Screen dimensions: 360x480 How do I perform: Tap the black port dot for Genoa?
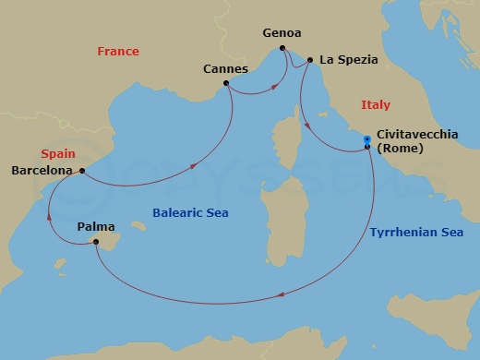pyautogui.click(x=282, y=48)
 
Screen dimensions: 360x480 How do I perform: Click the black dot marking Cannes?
pyautogui.click(x=227, y=84)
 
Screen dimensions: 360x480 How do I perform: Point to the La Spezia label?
pyautogui.click(x=349, y=60)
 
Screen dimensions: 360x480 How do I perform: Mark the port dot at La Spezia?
pyautogui.click(x=310, y=60)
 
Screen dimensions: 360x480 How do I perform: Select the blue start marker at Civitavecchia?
pyautogui.click(x=367, y=139)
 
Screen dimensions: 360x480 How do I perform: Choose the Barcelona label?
pyautogui.click(x=42, y=171)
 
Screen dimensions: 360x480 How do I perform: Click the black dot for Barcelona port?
pyautogui.click(x=83, y=170)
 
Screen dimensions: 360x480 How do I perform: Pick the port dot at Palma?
pyautogui.click(x=95, y=242)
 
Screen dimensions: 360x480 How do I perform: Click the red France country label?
pyautogui.click(x=118, y=52)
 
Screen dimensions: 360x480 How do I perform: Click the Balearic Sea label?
pyautogui.click(x=190, y=213)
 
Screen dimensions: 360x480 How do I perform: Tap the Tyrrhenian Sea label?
pyautogui.click(x=415, y=233)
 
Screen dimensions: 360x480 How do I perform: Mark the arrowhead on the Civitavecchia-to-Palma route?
pyautogui.click(x=281, y=297)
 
